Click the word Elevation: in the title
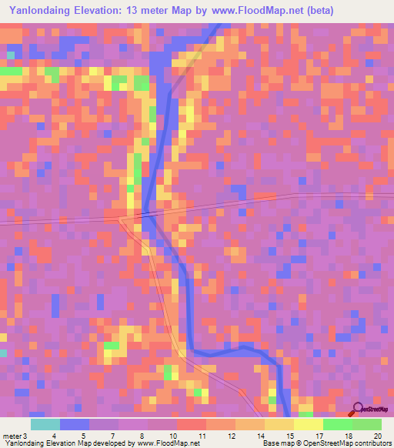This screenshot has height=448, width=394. click(109, 11)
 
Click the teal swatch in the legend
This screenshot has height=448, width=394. click(45, 424)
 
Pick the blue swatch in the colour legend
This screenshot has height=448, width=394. click(75, 424)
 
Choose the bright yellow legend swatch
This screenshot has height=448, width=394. click(309, 424)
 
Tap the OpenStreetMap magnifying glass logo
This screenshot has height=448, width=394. click(357, 409)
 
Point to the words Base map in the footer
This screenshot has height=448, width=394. click(275, 443)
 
